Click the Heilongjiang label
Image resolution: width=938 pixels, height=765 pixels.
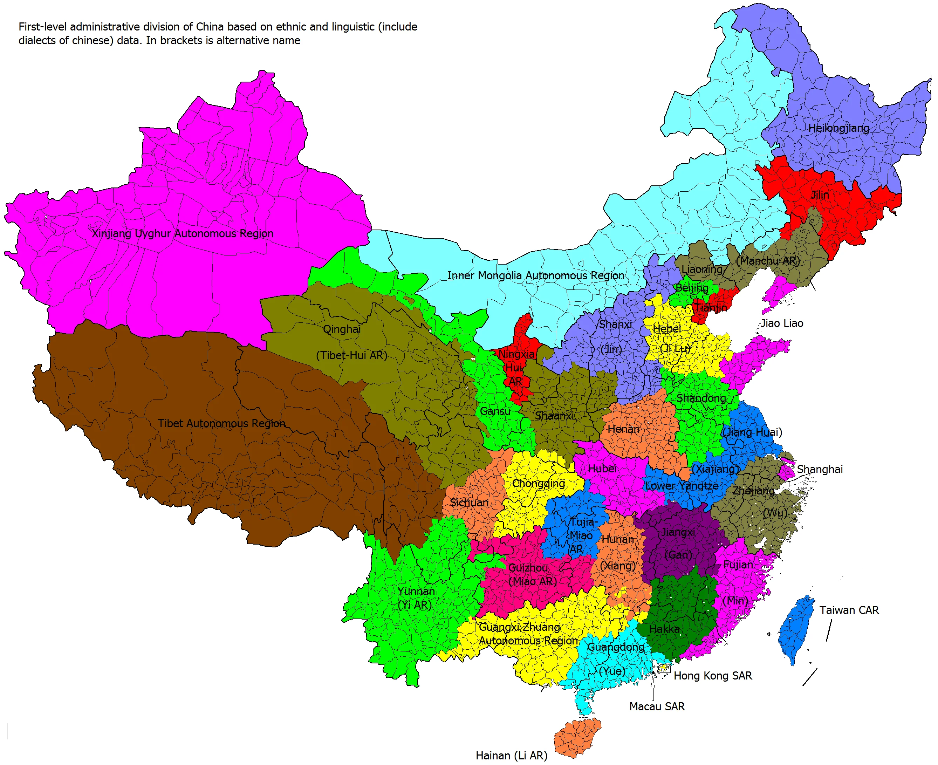click(x=838, y=128)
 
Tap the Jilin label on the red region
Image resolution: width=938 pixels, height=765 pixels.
click(x=820, y=195)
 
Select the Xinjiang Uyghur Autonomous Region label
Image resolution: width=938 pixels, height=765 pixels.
click(x=183, y=233)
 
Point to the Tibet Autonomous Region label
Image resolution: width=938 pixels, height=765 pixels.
click(x=221, y=423)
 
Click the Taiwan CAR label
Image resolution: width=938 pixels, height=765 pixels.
click(x=849, y=610)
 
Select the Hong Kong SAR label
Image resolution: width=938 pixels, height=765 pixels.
click(x=712, y=676)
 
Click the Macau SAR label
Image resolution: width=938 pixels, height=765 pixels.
click(x=657, y=707)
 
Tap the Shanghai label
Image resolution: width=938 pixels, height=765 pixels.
click(x=819, y=469)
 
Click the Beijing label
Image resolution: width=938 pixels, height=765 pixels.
click(x=692, y=288)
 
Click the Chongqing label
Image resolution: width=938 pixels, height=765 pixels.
click(x=538, y=483)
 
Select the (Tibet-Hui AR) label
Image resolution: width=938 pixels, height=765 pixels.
click(x=351, y=356)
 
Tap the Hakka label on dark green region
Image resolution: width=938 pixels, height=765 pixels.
click(x=664, y=629)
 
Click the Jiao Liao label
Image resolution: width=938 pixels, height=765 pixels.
click(x=782, y=323)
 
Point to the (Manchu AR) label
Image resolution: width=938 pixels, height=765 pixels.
click(x=767, y=261)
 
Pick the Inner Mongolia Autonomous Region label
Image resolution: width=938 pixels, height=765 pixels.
click(x=535, y=276)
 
